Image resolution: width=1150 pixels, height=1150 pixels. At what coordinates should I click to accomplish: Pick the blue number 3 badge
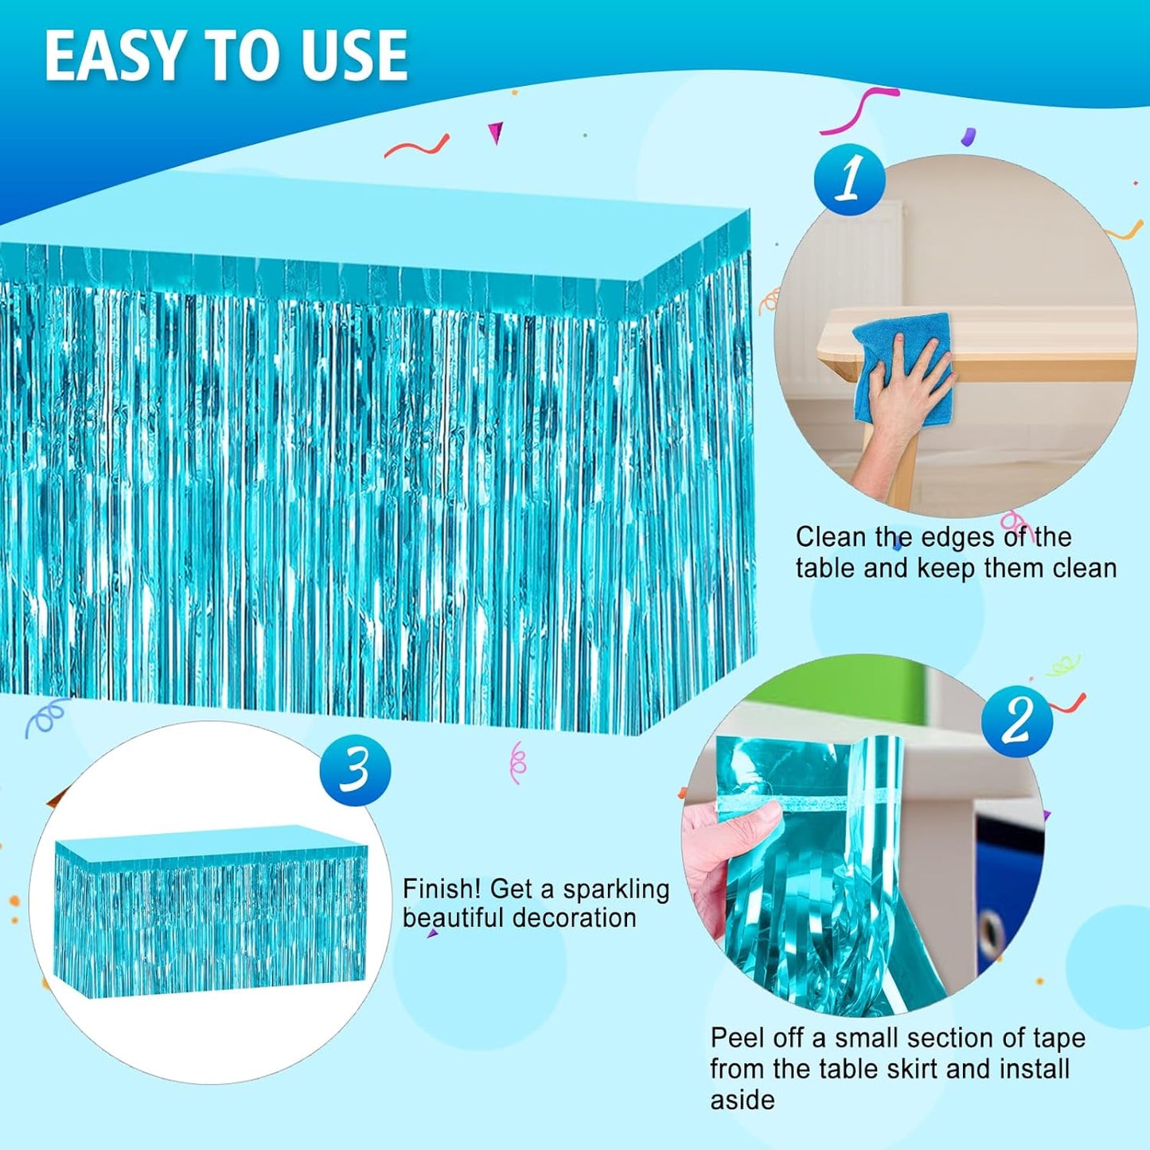(356, 770)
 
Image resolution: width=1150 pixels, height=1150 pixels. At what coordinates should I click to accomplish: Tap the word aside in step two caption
(743, 1099)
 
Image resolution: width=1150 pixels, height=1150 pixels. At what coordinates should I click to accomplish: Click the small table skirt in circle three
(212, 913)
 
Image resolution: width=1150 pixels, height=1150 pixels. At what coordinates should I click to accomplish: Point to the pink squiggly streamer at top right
(860, 111)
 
